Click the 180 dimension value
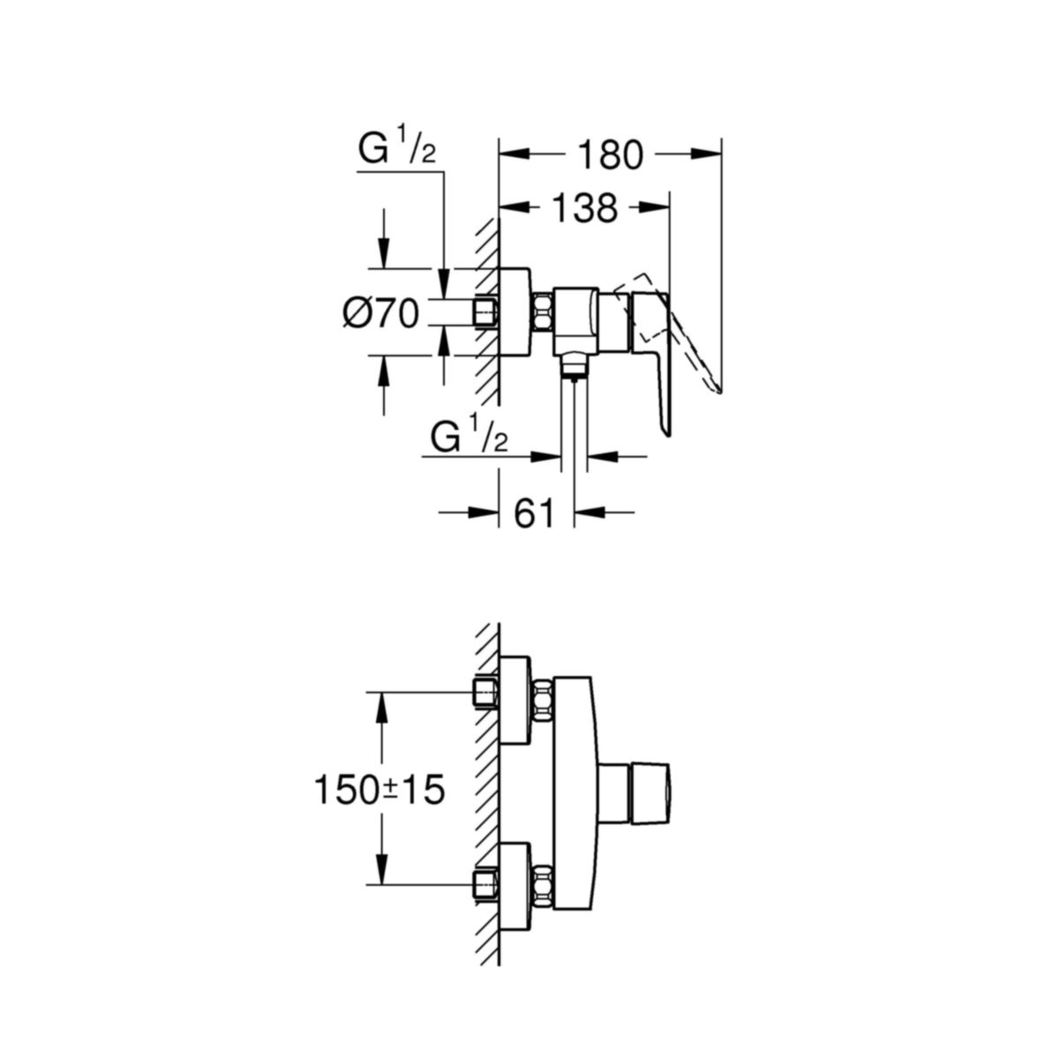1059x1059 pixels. (609, 154)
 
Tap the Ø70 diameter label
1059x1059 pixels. (380, 312)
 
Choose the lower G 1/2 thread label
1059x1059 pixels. (470, 437)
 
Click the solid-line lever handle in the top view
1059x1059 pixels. (657, 353)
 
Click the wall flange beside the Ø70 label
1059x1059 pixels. (514, 312)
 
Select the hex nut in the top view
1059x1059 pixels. (542, 312)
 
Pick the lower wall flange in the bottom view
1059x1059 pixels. (514, 882)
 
